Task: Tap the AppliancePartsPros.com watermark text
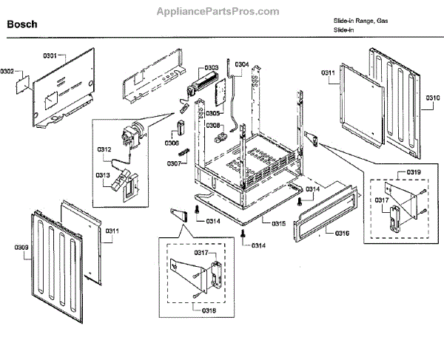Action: click(219, 12)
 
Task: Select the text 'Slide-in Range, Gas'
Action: click(360, 21)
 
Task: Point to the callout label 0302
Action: click(8, 71)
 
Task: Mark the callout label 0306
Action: click(172, 143)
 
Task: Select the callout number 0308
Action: click(212, 126)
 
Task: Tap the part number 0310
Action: click(433, 98)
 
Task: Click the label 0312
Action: click(104, 150)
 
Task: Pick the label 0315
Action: click(279, 223)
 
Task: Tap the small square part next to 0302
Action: click(25, 85)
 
